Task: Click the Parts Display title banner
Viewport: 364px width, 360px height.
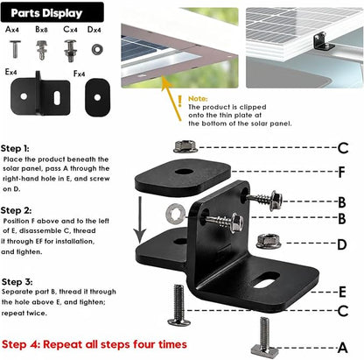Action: pos(52,12)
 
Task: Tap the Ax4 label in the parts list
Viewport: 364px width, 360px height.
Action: pos(12,30)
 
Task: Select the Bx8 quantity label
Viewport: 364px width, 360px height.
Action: pos(41,30)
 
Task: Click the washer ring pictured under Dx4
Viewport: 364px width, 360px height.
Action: pos(97,49)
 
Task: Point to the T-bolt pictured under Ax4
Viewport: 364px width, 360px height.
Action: pos(15,49)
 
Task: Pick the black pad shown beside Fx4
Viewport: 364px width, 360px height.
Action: pos(98,97)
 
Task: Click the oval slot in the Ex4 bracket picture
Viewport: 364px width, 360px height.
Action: pos(57,98)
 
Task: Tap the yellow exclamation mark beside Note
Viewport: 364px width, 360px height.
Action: pos(180,101)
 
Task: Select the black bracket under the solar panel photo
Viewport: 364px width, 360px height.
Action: pos(323,42)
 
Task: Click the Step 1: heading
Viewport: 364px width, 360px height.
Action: pos(15,149)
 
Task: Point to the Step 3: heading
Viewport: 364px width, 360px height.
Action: pos(17,282)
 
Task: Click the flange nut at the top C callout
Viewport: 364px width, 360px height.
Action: pos(185,146)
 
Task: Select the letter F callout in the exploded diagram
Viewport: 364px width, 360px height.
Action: pos(342,173)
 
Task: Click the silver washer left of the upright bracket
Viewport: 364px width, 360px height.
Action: pos(175,215)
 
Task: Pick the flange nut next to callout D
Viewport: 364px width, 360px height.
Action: pos(269,241)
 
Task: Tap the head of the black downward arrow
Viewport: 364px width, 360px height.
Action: pos(140,236)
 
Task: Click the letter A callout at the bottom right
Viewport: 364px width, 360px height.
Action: pos(343,348)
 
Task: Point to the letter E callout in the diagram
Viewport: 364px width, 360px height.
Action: pos(342,293)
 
